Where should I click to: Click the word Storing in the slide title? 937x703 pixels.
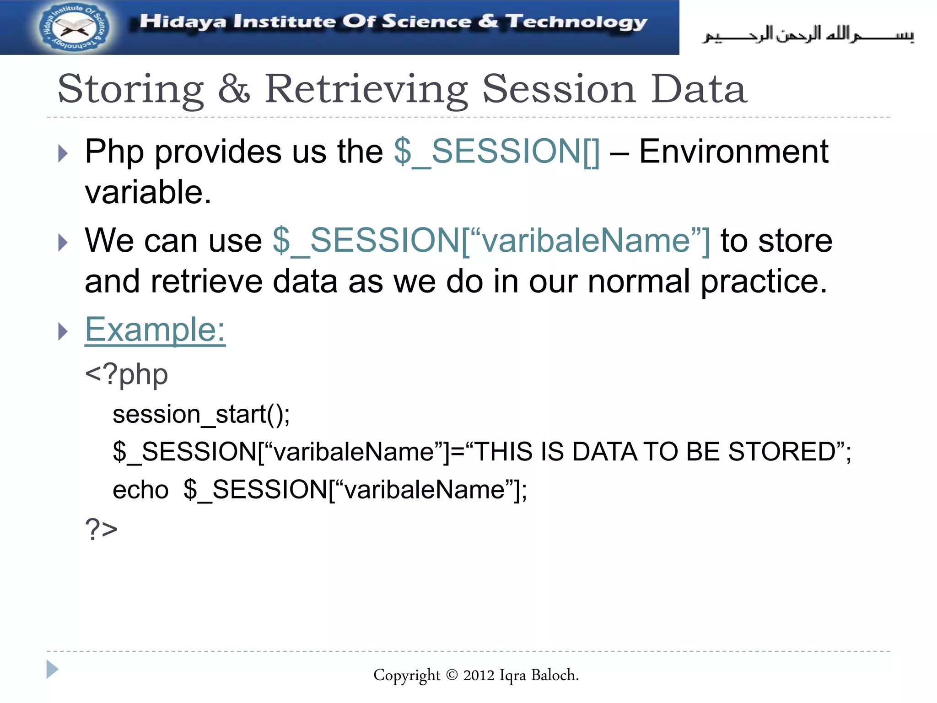click(131, 90)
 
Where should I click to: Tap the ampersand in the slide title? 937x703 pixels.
click(234, 89)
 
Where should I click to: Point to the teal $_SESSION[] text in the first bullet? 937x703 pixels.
click(496, 151)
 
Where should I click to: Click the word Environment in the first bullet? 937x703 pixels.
click(733, 151)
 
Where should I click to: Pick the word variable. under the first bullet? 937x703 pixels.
click(148, 192)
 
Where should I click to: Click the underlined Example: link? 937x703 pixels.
click(155, 329)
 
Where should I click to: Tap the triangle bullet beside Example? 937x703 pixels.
click(63, 331)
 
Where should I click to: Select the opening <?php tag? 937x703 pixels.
click(127, 375)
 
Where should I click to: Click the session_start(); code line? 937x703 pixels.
click(201, 414)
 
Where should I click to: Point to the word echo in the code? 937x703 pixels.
click(140, 490)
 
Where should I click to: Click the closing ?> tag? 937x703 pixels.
click(101, 529)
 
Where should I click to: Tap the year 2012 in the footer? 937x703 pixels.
click(479, 675)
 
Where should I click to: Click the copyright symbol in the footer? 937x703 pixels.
click(452, 675)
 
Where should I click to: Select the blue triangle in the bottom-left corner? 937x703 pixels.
click(52, 670)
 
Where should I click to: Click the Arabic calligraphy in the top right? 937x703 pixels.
click(808, 34)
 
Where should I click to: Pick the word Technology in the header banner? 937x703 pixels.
click(576, 22)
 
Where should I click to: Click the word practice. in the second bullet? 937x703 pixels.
click(764, 281)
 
